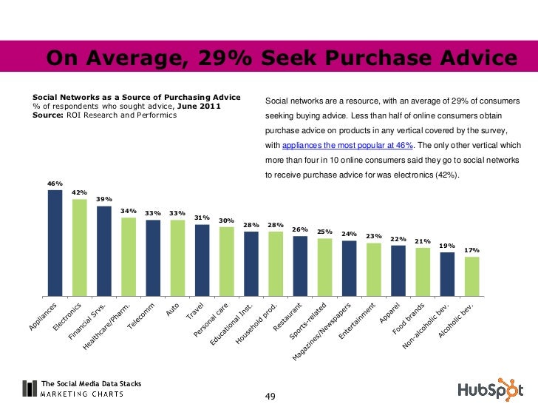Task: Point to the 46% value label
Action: (x=55, y=184)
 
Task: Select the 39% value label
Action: (x=103, y=199)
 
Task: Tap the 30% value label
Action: (x=226, y=220)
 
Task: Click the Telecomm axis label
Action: (x=142, y=316)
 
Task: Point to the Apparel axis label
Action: (x=389, y=314)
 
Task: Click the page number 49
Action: (x=270, y=397)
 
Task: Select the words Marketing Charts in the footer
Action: (x=82, y=394)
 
